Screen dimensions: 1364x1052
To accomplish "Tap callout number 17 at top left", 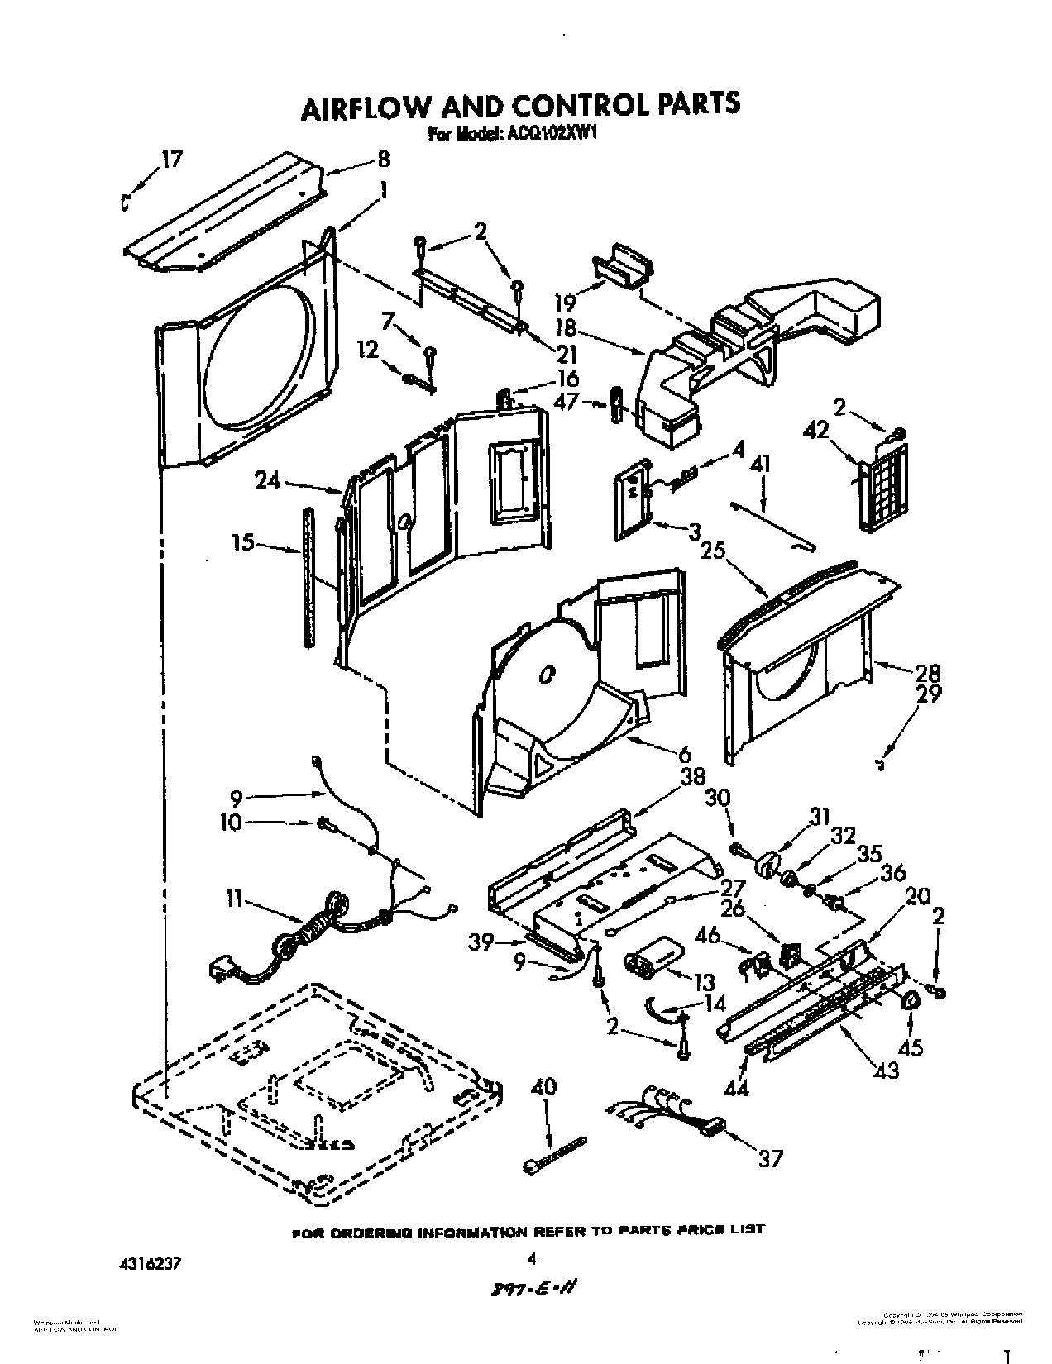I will (172, 160).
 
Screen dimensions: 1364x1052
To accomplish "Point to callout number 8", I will (383, 160).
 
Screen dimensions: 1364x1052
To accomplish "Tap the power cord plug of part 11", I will (222, 966).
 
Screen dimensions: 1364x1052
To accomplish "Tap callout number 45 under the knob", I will (911, 1047).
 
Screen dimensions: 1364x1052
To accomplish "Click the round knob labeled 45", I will (911, 1001).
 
